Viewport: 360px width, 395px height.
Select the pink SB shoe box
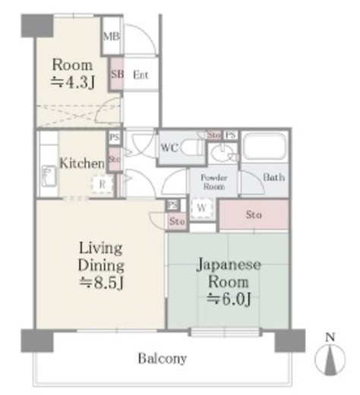coord(117,74)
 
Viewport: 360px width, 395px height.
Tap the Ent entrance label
coord(141,74)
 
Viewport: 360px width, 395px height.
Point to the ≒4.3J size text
coord(72,82)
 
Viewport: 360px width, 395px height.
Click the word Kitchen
coord(81,163)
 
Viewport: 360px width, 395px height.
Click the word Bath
coord(273,178)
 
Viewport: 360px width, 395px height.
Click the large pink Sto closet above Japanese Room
coord(254,215)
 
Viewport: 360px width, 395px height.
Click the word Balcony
coord(162,358)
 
